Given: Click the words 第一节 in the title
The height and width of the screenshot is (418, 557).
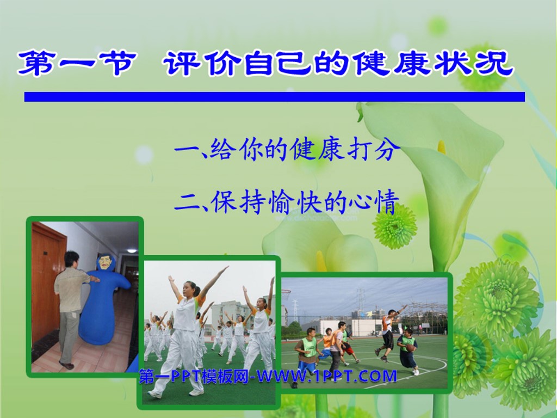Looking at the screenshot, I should click(76, 63).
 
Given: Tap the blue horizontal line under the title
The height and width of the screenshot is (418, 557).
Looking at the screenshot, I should click(275, 97).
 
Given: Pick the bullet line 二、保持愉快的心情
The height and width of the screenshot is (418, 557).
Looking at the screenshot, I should click(287, 201).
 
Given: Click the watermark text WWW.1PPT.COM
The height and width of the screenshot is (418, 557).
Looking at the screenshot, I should click(326, 376).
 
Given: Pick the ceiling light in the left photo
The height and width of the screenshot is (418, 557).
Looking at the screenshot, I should click(131, 250).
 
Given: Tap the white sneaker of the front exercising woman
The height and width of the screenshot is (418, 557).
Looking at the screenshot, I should click(196, 391).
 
